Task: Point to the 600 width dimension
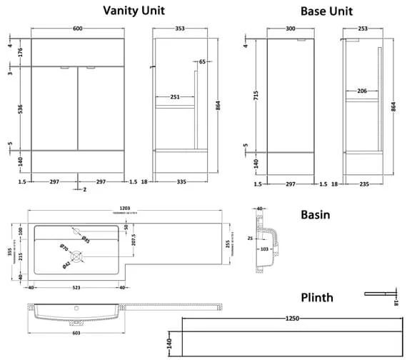click(x=78, y=29)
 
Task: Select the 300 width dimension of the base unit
click(x=291, y=29)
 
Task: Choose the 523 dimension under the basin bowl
click(x=76, y=288)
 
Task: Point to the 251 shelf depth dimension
click(x=174, y=96)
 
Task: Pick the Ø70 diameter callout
click(x=64, y=249)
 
